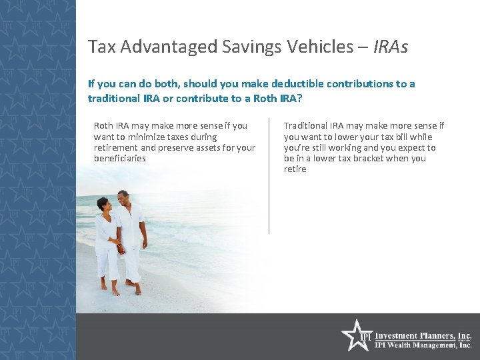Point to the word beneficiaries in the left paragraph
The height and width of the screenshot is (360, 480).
[x=120, y=159]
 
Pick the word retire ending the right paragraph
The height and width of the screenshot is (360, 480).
[x=295, y=169]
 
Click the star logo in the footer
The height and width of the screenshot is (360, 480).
[x=355, y=335]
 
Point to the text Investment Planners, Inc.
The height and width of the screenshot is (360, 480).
[x=423, y=336]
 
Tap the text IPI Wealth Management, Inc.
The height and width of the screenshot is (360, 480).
[x=423, y=345]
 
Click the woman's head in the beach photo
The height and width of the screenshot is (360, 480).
[x=103, y=203]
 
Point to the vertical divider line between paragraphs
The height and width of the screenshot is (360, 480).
[x=269, y=176]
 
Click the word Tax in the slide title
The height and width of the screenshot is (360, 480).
[x=99, y=47]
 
